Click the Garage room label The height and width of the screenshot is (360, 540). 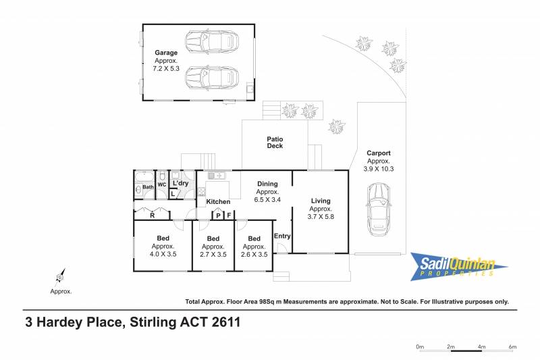point(166,53)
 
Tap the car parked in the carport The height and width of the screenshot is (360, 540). point(378,210)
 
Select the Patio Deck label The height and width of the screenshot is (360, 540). point(275,143)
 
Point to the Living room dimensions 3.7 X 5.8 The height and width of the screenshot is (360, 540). point(321,217)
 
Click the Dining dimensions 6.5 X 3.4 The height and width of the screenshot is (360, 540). point(267,199)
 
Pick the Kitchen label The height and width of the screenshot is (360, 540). point(218,201)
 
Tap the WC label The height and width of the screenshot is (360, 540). point(162,184)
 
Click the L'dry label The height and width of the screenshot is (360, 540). point(180,183)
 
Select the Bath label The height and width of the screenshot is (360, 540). point(148,187)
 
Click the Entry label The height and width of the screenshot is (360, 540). point(282,236)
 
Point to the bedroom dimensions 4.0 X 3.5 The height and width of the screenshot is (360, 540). point(163,254)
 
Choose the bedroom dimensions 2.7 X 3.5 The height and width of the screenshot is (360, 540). point(213,255)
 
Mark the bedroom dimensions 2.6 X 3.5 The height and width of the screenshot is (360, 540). point(254,255)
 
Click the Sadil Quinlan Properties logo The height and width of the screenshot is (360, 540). point(458,267)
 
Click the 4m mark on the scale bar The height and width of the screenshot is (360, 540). point(481,346)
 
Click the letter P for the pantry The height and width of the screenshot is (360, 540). point(218,216)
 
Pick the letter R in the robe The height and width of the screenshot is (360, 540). point(153,215)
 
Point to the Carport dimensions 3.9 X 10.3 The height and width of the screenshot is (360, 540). point(379,169)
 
